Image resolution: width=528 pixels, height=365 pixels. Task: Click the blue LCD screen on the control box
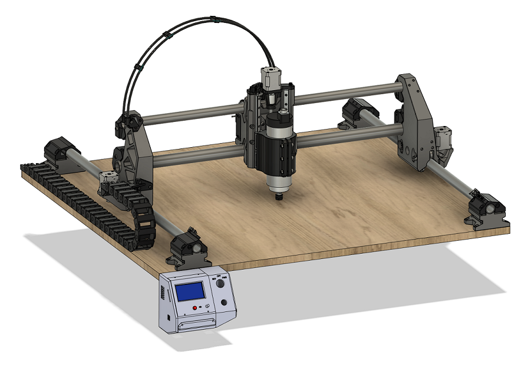pos(190,291)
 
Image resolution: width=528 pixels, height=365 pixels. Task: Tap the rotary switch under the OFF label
pos(220,284)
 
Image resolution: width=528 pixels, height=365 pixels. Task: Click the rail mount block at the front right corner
pos(487,211)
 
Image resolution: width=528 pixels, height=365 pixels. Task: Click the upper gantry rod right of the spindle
pos(348,93)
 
